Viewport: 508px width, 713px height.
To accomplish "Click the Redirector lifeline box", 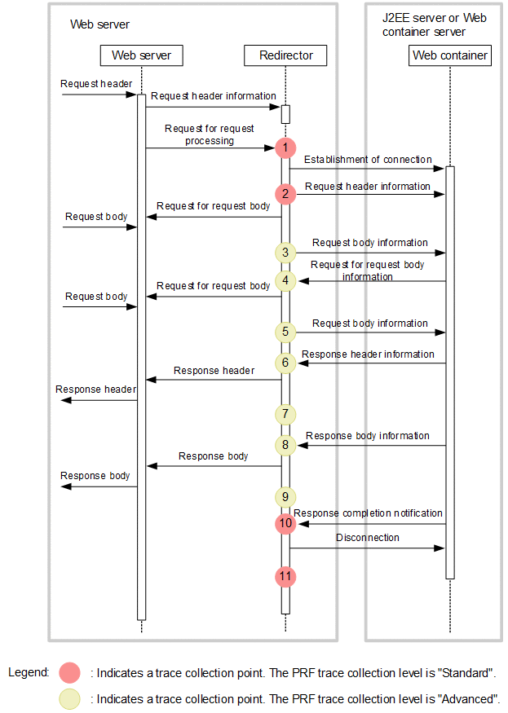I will pyautogui.click(x=285, y=55).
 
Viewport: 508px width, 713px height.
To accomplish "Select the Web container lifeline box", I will pyautogui.click(x=449, y=55).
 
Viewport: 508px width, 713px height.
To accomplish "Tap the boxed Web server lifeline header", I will pyautogui.click(x=141, y=55).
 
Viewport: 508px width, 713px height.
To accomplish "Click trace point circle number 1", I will pyautogui.click(x=285, y=147).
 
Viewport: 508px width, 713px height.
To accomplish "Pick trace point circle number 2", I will pyautogui.click(x=285, y=194).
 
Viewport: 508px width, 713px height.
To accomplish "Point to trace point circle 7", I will pyautogui.click(x=285, y=414).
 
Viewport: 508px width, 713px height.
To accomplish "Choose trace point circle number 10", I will pyautogui.click(x=285, y=523).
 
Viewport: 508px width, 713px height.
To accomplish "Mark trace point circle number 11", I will pyautogui.click(x=285, y=576).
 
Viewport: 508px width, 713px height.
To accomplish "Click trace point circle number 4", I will pyautogui.click(x=285, y=280).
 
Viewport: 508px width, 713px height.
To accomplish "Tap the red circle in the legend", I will pyautogui.click(x=71, y=673).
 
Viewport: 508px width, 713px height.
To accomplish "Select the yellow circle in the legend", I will pyautogui.click(x=71, y=698).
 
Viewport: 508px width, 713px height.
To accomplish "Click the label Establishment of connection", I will pyautogui.click(x=368, y=160).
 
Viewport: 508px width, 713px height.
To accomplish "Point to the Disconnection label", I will pyautogui.click(x=368, y=538).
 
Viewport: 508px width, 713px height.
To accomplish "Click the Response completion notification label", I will pyautogui.click(x=368, y=513).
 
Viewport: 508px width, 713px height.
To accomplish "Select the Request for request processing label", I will pyautogui.click(x=210, y=134).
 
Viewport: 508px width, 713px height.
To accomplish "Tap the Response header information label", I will pyautogui.click(x=368, y=354).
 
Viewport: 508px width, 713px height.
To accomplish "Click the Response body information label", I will pyautogui.click(x=368, y=436).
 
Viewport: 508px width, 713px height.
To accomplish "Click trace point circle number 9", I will pyautogui.click(x=285, y=495).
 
